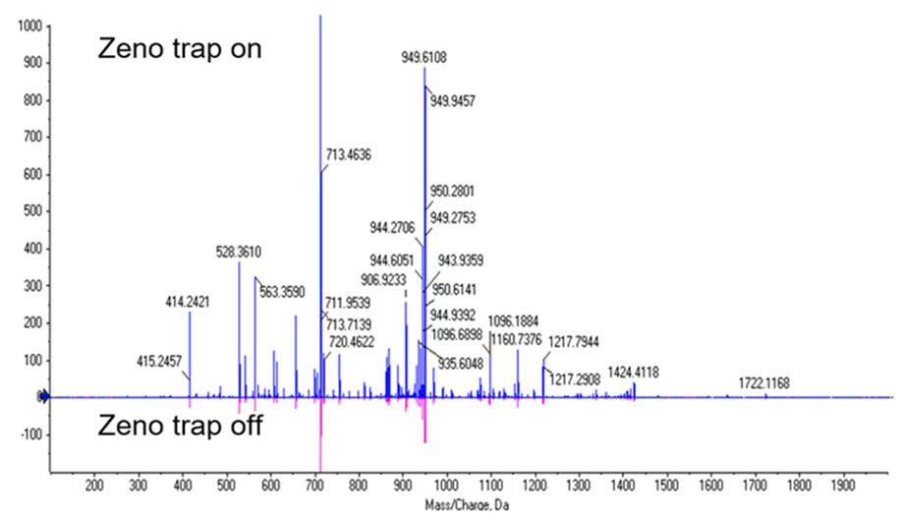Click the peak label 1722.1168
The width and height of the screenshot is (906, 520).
click(x=764, y=382)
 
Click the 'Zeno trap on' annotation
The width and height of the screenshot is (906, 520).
click(x=179, y=49)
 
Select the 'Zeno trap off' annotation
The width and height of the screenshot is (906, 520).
click(x=179, y=427)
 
